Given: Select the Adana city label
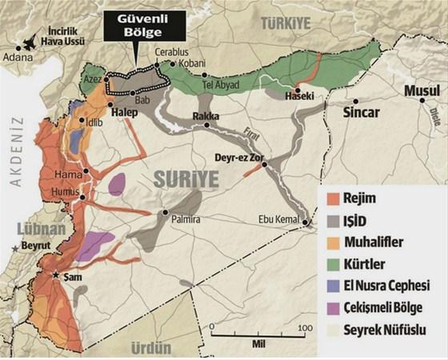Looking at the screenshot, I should pyautogui.click(x=19, y=58).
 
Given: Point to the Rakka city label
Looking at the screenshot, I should pyautogui.click(x=206, y=117).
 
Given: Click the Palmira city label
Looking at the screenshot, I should pyautogui.click(x=183, y=218).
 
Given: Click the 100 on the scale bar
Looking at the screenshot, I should pyautogui.click(x=304, y=329).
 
